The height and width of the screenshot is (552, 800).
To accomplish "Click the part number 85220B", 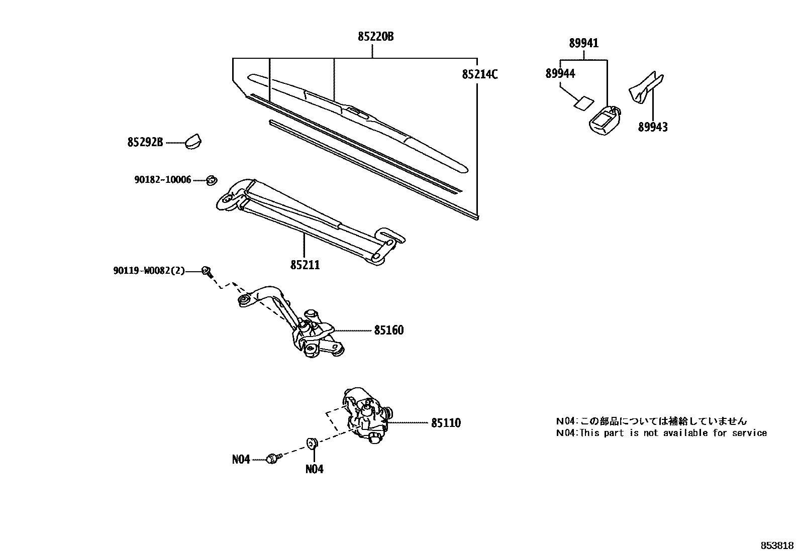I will click(x=375, y=37).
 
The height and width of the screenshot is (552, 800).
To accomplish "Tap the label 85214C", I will click(x=480, y=75).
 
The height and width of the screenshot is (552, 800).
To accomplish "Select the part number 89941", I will click(x=584, y=44).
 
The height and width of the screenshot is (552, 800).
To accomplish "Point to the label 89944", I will click(x=560, y=74).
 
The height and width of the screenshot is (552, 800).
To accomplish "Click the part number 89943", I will click(x=653, y=128).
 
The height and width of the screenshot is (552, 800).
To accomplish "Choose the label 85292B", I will click(x=145, y=143).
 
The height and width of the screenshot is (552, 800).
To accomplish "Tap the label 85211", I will click(x=305, y=265).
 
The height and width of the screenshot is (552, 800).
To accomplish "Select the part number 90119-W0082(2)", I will click(x=149, y=271).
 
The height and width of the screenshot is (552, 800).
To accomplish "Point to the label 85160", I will click(x=388, y=330).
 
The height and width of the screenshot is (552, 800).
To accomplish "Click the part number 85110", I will click(x=446, y=423).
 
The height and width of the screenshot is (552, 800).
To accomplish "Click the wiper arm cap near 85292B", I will click(x=193, y=141).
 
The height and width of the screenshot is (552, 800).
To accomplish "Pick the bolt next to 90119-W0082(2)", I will click(x=206, y=271).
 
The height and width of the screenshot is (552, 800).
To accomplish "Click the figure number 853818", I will click(x=776, y=545).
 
